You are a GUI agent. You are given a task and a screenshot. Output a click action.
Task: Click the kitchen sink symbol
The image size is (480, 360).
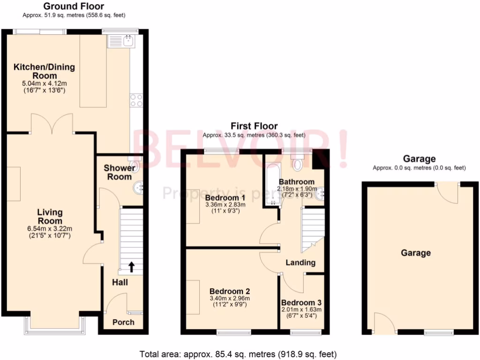(x=121, y=42)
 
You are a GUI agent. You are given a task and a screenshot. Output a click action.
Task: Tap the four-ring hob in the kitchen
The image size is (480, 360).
(x=136, y=100)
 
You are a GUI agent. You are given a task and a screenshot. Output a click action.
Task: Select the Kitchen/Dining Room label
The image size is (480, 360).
(x=44, y=71)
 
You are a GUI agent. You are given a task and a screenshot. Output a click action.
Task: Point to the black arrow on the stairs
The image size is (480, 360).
(x=131, y=267)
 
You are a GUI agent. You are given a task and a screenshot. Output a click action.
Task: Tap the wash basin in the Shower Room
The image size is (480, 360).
(x=139, y=188)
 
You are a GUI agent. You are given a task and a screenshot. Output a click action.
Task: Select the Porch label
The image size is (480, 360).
(x=123, y=322)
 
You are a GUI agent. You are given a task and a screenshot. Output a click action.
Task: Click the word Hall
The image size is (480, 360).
(x=120, y=283)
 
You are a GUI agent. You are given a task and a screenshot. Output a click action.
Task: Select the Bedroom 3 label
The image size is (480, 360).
(x=301, y=302)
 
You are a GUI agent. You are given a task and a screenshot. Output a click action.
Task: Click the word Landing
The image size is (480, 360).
(x=300, y=262)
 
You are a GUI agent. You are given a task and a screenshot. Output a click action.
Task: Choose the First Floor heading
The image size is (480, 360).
(x=254, y=126)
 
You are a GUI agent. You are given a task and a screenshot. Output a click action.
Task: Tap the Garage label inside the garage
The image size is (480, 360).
(x=415, y=253)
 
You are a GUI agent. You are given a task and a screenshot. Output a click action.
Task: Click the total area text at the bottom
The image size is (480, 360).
(x=238, y=353)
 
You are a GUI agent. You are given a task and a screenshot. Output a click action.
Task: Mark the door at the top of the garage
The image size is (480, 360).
(x=448, y=192)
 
